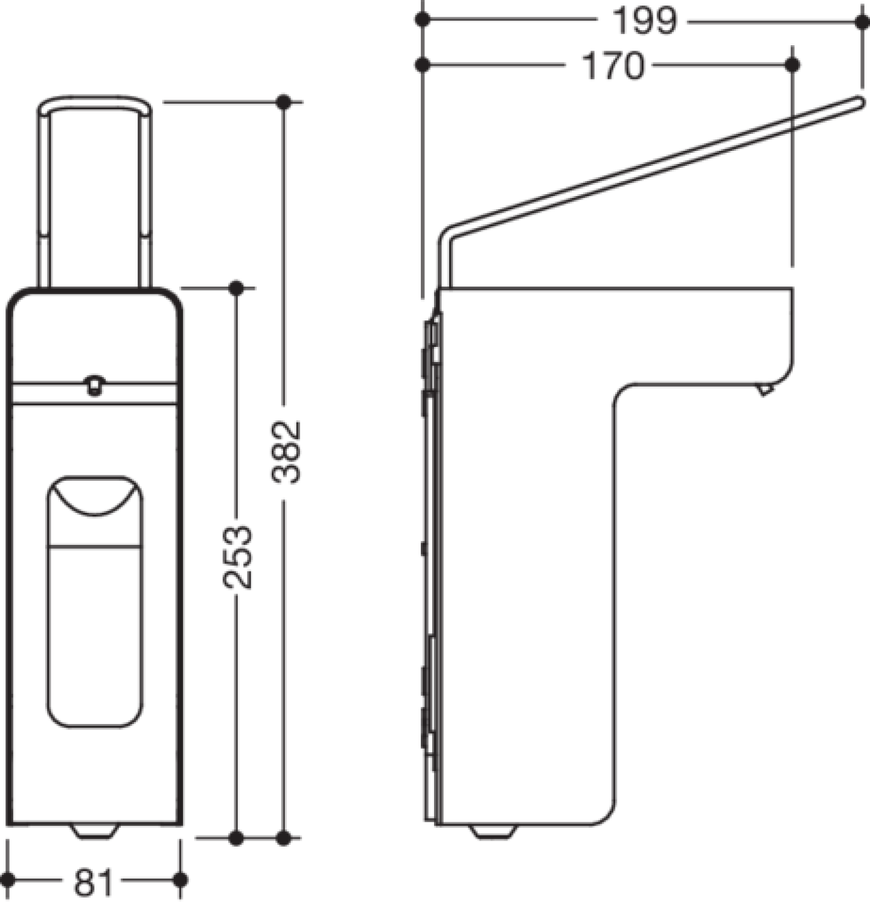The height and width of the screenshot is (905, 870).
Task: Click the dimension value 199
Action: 645,21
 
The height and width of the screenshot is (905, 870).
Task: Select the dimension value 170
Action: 613,66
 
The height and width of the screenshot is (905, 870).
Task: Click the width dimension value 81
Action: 94,883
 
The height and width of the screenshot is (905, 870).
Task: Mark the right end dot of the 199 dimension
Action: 862,21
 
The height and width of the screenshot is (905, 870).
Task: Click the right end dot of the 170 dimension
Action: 793,65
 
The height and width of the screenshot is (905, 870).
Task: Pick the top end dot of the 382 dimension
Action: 284,103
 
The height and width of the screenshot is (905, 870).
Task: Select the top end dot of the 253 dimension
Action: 237,288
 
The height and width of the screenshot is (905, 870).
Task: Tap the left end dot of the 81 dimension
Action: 8,880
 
